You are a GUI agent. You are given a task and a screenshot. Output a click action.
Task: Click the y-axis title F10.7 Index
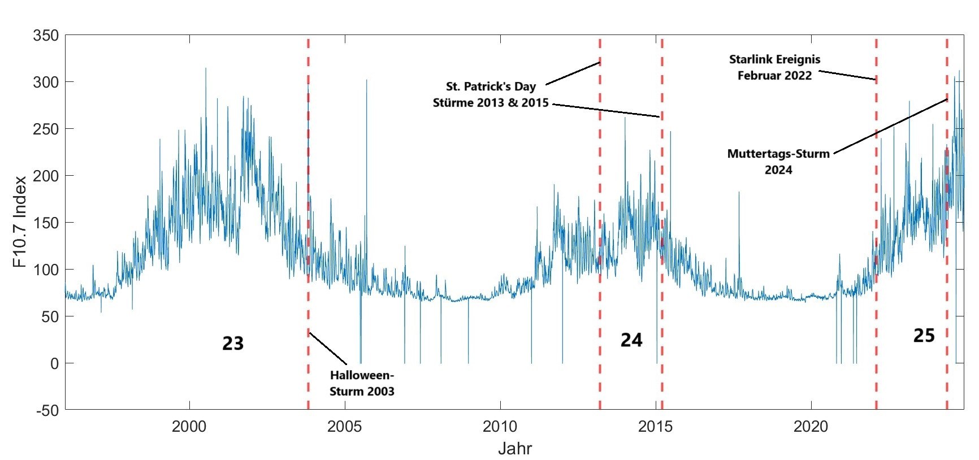coord(20,222)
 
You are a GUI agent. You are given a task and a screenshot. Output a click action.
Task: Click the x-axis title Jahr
coord(515,449)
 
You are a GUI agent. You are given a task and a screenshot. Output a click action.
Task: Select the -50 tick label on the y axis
coord(46,410)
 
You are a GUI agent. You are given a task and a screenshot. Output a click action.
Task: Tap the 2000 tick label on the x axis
coord(189,426)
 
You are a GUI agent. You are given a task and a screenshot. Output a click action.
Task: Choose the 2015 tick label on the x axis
coord(656,426)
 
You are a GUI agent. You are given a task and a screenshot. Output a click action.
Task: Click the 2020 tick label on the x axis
coord(811,426)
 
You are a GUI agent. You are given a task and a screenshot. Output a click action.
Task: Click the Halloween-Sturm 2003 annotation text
coord(362,383)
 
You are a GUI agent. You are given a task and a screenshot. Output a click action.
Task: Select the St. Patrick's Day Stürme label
coord(491,94)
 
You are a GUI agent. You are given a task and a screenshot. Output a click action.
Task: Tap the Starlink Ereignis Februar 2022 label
coord(774,67)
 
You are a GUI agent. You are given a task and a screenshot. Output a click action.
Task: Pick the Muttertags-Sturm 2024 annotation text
coord(778,162)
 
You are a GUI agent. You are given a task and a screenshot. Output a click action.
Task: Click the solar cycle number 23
coord(233,343)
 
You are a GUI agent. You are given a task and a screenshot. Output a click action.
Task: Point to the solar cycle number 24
coord(631,340)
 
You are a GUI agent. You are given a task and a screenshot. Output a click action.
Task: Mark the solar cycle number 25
coord(924,335)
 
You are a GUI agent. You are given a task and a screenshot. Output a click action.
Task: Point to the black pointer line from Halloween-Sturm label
coord(328,348)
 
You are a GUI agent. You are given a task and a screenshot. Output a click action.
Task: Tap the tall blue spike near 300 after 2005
coord(366,113)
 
